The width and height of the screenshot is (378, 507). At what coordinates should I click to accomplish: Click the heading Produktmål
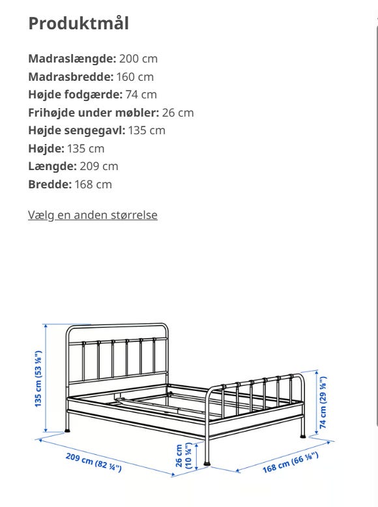(x=78, y=23)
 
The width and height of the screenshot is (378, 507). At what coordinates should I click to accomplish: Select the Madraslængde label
(x=72, y=59)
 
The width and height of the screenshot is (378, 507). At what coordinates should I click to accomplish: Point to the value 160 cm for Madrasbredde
(x=135, y=77)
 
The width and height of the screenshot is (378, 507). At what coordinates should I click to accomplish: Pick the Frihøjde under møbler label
(x=93, y=113)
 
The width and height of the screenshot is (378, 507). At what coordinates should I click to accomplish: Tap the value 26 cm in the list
(x=178, y=113)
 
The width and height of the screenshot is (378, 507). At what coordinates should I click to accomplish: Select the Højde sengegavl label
(x=76, y=130)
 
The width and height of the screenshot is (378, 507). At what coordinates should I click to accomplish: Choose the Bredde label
(x=50, y=184)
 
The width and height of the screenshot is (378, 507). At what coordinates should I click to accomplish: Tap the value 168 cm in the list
(x=93, y=184)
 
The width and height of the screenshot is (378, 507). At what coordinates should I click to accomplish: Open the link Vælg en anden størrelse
(x=93, y=215)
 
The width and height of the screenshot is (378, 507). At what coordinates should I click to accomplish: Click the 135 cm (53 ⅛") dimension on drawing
(x=38, y=378)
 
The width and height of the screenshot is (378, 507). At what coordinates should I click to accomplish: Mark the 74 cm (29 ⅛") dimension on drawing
(x=323, y=403)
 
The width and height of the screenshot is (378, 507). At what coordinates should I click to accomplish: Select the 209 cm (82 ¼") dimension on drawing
(x=93, y=461)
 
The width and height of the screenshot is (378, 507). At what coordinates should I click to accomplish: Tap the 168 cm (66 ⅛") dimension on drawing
(x=290, y=461)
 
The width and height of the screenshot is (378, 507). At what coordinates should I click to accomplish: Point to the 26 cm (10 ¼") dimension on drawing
(x=184, y=457)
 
